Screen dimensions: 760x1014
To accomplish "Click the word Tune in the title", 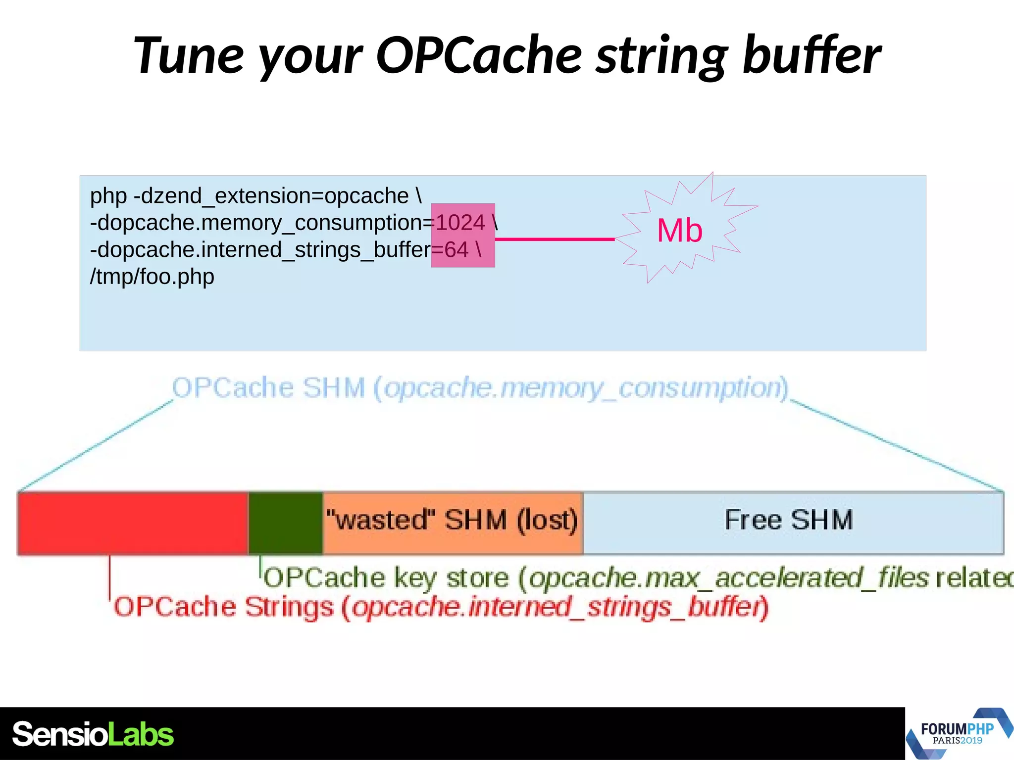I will click(188, 55).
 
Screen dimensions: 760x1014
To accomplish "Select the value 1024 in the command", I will click(460, 223).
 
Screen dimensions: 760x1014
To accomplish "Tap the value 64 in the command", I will click(456, 250).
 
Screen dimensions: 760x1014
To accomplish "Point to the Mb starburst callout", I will click(680, 231).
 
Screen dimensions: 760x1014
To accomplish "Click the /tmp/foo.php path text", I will click(152, 277).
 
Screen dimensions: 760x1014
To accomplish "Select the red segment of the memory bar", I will click(132, 523).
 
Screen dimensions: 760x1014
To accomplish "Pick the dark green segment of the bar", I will click(286, 523).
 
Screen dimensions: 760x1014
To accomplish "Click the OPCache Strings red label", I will click(441, 607).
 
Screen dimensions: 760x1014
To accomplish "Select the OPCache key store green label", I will click(634, 578).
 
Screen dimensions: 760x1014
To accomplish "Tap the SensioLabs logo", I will click(93, 734).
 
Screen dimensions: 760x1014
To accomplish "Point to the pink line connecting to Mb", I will click(555, 239).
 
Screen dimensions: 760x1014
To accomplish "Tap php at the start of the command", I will click(108, 196).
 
